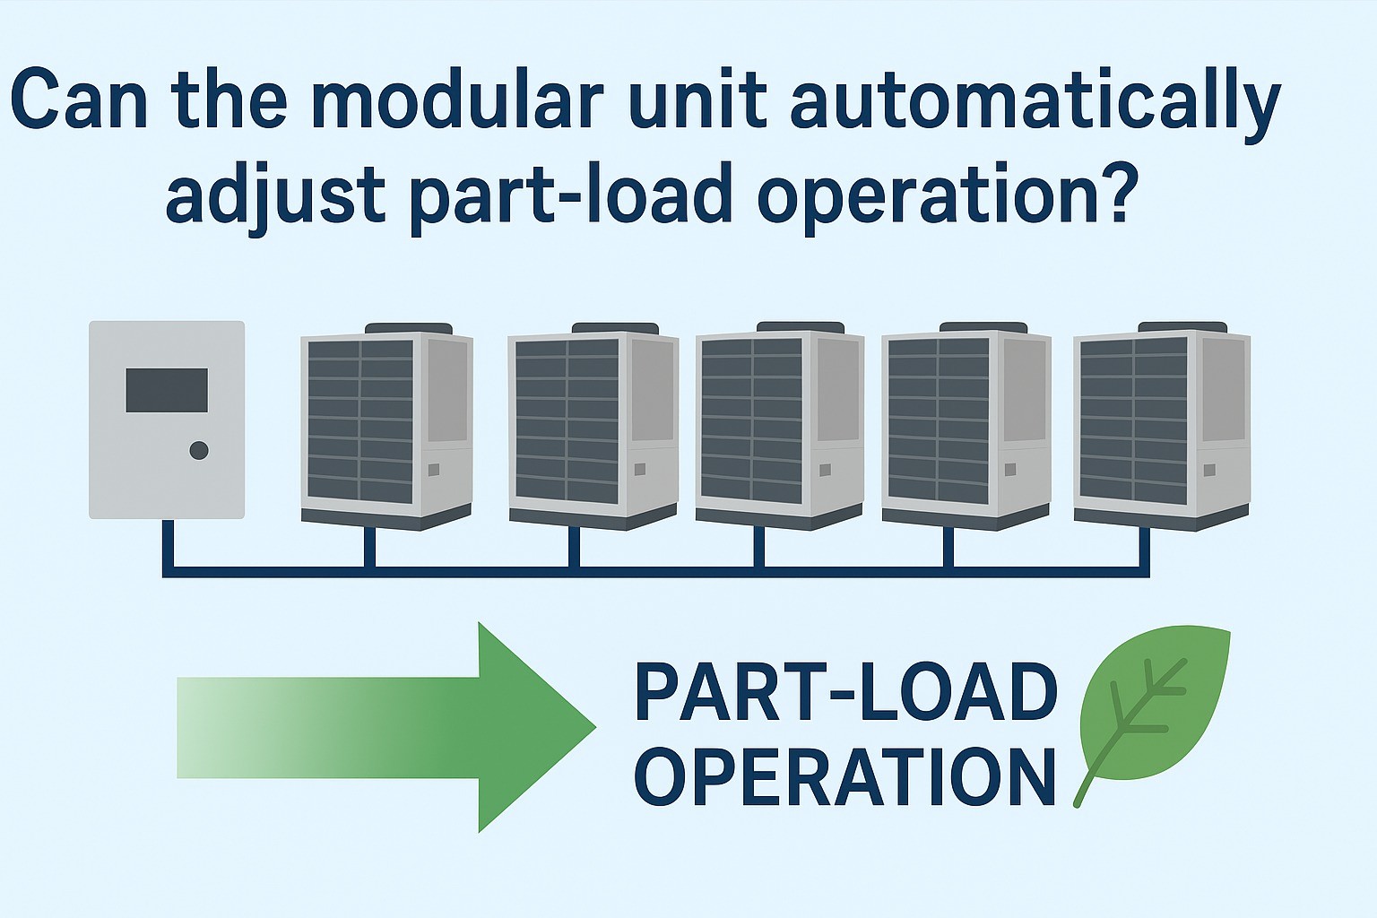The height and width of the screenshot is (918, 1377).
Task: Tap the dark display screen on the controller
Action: point(167,390)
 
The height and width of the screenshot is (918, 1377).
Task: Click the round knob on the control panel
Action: point(199,450)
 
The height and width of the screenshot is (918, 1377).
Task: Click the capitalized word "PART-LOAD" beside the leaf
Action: point(845,693)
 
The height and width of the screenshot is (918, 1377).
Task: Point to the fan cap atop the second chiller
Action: point(615,328)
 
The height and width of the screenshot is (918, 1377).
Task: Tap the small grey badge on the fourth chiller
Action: point(1010,469)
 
